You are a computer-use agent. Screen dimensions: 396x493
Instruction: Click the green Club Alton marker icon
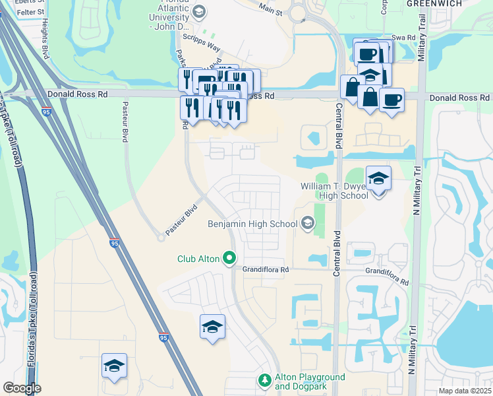tap(229, 257)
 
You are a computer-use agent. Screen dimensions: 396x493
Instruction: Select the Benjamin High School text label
tap(252, 224)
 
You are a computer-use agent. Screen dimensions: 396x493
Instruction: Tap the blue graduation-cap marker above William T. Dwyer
tap(378, 178)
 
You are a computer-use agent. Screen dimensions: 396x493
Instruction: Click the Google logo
tap(22, 388)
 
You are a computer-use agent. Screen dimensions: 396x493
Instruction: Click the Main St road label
tap(270, 9)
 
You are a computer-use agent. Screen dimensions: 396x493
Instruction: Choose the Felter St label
tap(30, 12)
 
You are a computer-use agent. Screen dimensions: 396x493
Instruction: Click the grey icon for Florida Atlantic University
tap(199, 11)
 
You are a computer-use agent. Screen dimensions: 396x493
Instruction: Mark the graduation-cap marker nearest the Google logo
tap(114, 366)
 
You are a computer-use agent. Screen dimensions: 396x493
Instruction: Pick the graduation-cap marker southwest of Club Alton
tap(212, 327)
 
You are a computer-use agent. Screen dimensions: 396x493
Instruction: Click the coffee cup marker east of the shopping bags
tap(391, 100)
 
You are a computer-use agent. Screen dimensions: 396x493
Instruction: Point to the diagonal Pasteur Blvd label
tap(182, 220)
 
